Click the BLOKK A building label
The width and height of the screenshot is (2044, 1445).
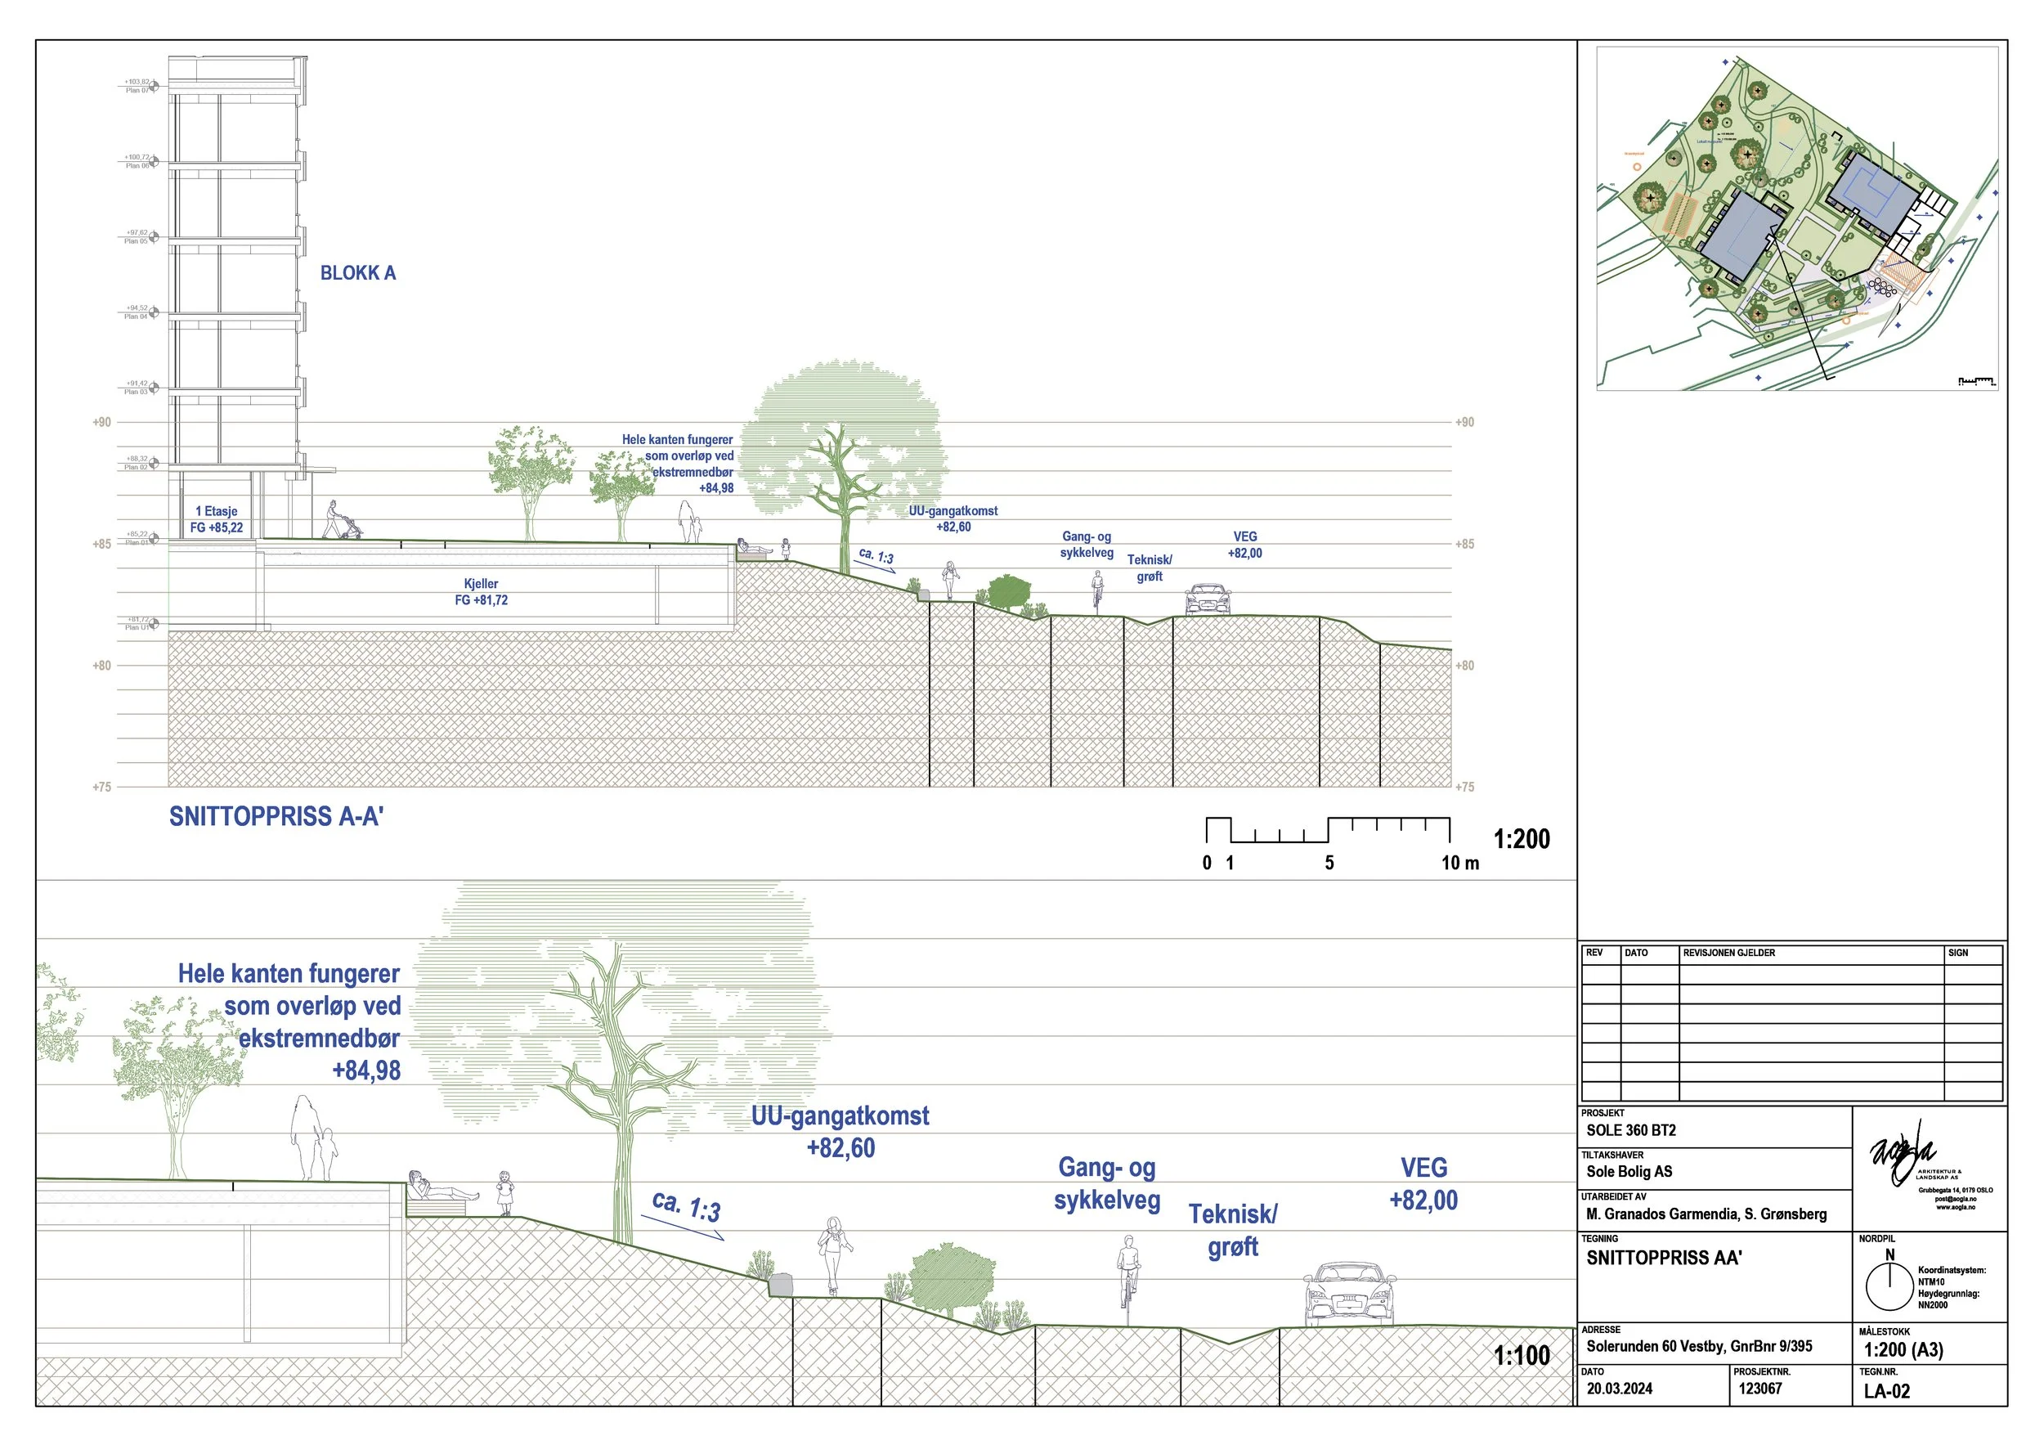click(x=358, y=273)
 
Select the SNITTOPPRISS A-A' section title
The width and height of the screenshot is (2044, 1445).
click(x=276, y=816)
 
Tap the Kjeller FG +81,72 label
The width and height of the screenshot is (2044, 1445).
click(x=481, y=592)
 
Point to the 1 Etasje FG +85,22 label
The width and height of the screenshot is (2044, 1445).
click(x=217, y=519)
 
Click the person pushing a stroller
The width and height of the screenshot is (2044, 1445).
click(x=339, y=521)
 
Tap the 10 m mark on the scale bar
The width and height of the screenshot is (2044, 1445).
click(x=1460, y=863)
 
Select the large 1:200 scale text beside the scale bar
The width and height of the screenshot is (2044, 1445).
click(x=1522, y=839)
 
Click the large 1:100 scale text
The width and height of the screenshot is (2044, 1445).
click(x=1522, y=1355)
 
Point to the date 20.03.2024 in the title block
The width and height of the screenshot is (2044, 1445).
click(x=1620, y=1388)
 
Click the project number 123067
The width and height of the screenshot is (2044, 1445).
click(x=1760, y=1388)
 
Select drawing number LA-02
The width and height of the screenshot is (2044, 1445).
click(x=1886, y=1391)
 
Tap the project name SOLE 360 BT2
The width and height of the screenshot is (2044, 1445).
click(x=1631, y=1130)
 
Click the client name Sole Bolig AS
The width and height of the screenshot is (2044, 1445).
click(x=1629, y=1172)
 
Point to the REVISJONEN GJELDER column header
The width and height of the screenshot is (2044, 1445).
click(x=1729, y=953)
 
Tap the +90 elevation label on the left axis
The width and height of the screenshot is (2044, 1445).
click(x=102, y=422)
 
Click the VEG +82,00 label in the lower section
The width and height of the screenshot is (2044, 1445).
click(x=1423, y=1183)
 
